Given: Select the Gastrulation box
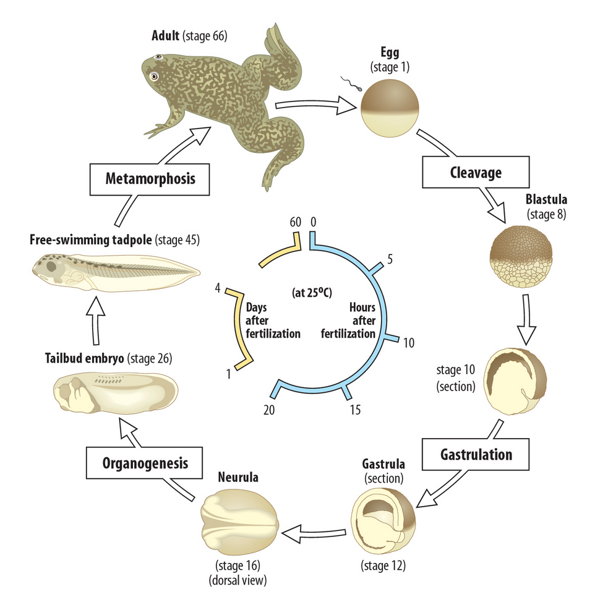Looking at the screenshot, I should point(476,455).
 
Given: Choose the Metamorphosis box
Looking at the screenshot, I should point(150,179).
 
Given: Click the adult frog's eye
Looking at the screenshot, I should point(153,75).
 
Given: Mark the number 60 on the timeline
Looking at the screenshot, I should point(294,221).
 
